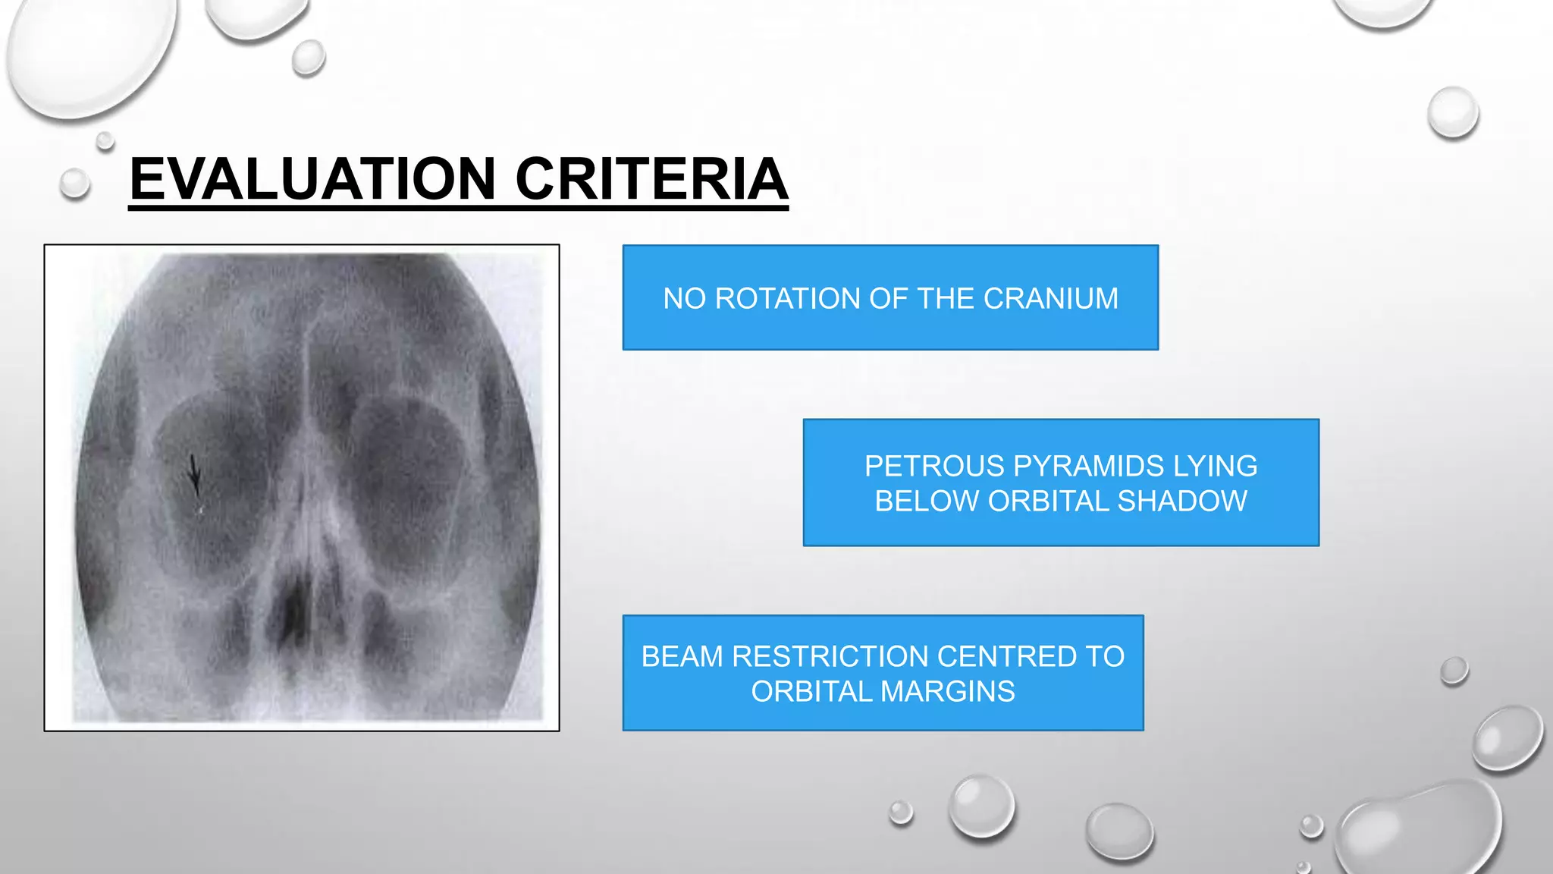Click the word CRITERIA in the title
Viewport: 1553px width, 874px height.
coord(651,179)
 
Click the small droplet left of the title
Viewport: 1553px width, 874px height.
coord(74,184)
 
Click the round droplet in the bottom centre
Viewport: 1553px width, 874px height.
coord(982,806)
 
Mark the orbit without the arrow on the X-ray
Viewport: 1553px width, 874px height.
coord(409,470)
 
